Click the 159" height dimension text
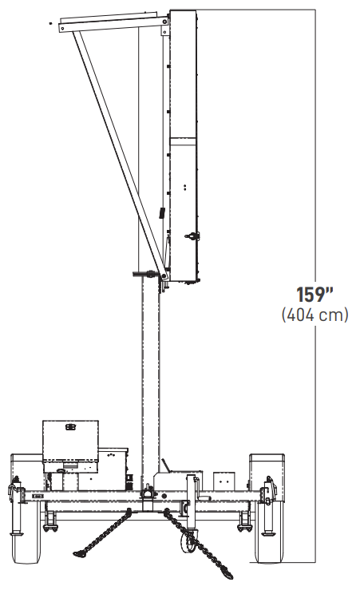(x=315, y=295)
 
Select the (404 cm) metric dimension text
(x=315, y=315)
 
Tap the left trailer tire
(x=26, y=534)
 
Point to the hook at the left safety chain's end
(x=80, y=552)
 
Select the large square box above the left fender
(x=70, y=441)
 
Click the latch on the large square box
(x=70, y=426)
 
